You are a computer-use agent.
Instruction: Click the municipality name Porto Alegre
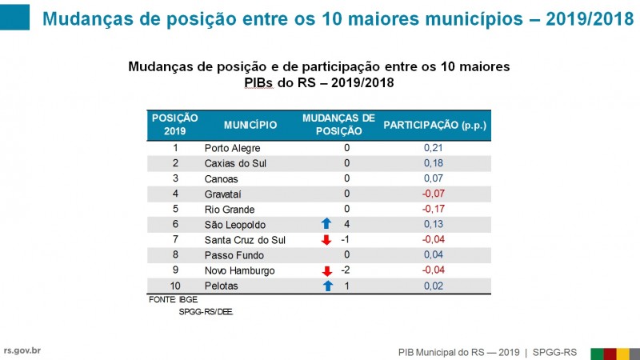pyautogui.click(x=232, y=148)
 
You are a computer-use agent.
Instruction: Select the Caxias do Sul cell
pyautogui.click(x=235, y=163)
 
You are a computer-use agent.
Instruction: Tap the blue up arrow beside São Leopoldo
pyautogui.click(x=326, y=225)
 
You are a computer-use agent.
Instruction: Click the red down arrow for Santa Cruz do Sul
pyautogui.click(x=326, y=240)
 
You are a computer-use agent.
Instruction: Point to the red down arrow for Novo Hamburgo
pyautogui.click(x=326, y=270)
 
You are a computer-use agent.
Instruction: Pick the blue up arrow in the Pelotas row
pyautogui.click(x=326, y=286)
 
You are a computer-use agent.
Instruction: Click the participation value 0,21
pyautogui.click(x=434, y=148)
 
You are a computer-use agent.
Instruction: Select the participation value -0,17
pyautogui.click(x=434, y=209)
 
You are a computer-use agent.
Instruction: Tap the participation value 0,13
pyautogui.click(x=434, y=225)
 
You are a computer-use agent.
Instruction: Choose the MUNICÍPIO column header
pyautogui.click(x=250, y=125)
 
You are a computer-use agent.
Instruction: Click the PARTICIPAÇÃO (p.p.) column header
pyautogui.click(x=434, y=125)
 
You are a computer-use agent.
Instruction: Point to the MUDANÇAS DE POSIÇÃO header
pyautogui.click(x=338, y=124)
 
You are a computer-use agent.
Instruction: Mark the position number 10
pyautogui.click(x=175, y=286)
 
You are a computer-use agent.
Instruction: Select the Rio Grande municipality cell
pyautogui.click(x=230, y=209)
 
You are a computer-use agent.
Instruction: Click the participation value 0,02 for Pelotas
pyautogui.click(x=434, y=286)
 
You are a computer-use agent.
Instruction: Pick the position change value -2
pyautogui.click(x=346, y=270)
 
